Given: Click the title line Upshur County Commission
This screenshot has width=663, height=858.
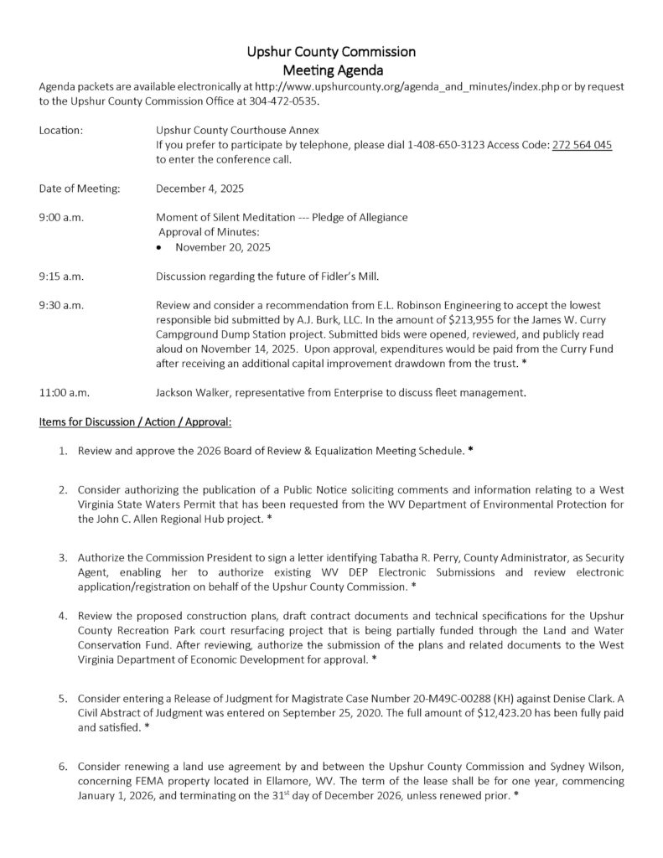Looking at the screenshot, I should (331, 52).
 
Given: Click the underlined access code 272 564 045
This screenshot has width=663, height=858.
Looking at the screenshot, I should (582, 145).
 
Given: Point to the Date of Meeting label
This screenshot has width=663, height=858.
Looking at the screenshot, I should (80, 189).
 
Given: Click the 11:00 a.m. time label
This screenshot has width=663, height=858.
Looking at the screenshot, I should (64, 391).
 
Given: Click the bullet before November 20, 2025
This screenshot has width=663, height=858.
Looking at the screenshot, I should (161, 247).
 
